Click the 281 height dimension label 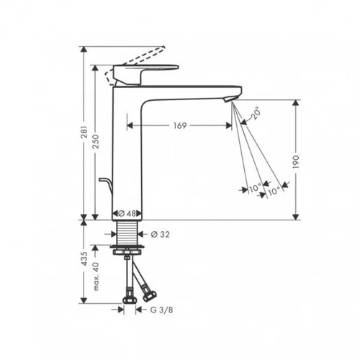(84, 132)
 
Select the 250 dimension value (96, 141)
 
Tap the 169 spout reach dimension (180, 125)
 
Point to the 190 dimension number (297, 161)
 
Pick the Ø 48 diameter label (127, 213)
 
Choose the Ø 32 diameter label (161, 235)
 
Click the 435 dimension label (84, 258)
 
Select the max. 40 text (96, 276)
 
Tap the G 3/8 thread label (161, 310)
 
